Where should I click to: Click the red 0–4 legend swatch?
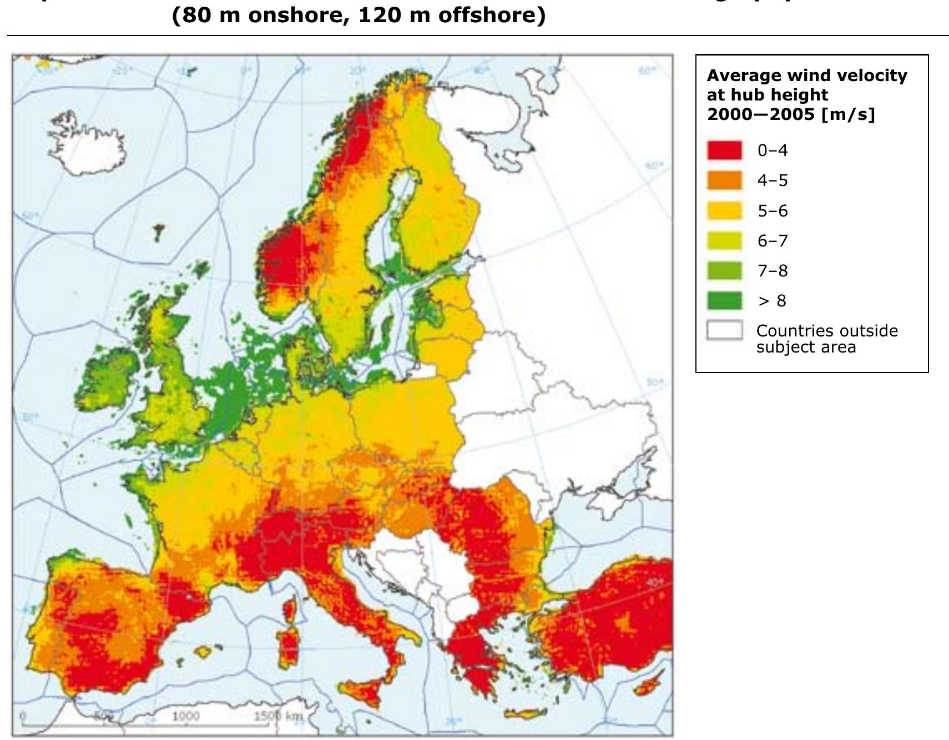(724, 150)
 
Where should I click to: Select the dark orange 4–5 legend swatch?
(724, 180)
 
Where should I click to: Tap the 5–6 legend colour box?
(724, 210)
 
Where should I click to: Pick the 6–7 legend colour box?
(724, 240)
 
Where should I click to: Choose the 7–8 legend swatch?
(724, 270)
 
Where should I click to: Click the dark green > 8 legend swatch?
(724, 300)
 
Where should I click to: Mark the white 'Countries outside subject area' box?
(724, 330)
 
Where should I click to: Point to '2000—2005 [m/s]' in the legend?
(790, 114)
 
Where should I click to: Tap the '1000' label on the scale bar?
(185, 716)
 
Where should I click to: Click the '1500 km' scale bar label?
(278, 716)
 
